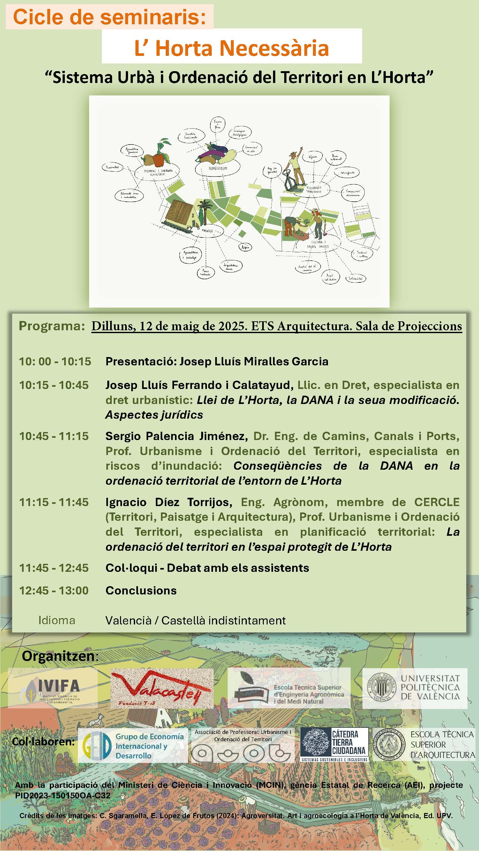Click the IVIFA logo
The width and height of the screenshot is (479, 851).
53,688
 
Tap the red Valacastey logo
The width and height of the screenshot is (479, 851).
162,688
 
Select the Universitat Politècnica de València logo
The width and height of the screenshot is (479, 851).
414,688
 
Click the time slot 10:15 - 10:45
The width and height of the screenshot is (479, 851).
54,385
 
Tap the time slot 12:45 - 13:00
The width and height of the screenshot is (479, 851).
54,590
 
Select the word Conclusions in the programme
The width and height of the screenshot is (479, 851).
141,590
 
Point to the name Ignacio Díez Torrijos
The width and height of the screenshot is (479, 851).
169,502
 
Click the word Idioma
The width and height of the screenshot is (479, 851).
57,620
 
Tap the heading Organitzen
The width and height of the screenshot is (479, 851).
60,656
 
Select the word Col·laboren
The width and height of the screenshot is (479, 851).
43,742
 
